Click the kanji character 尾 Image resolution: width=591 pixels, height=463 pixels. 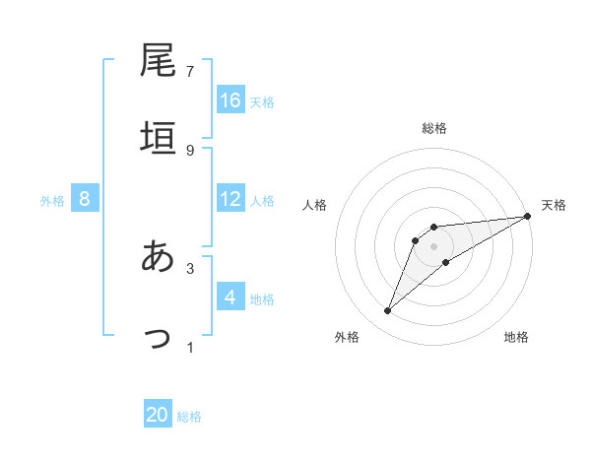[159, 61]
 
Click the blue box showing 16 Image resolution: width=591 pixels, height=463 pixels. [230, 99]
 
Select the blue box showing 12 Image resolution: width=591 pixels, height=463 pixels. [230, 199]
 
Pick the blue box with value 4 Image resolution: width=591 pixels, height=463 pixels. [230, 298]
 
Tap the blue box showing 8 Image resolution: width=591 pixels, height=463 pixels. [85, 199]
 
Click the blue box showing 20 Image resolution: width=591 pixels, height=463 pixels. [158, 415]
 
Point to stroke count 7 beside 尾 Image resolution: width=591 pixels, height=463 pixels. [190, 71]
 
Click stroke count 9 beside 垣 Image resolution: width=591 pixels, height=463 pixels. [190, 150]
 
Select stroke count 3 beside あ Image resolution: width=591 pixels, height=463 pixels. [190, 268]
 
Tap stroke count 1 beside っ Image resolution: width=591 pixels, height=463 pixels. [190, 347]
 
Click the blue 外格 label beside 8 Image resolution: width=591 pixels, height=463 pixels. [52, 200]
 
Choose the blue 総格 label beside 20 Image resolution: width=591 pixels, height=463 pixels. [189, 416]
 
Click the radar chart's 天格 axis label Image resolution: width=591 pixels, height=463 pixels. [554, 205]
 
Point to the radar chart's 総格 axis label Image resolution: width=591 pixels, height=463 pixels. [434, 128]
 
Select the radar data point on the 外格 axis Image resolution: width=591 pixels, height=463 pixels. [387, 311]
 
